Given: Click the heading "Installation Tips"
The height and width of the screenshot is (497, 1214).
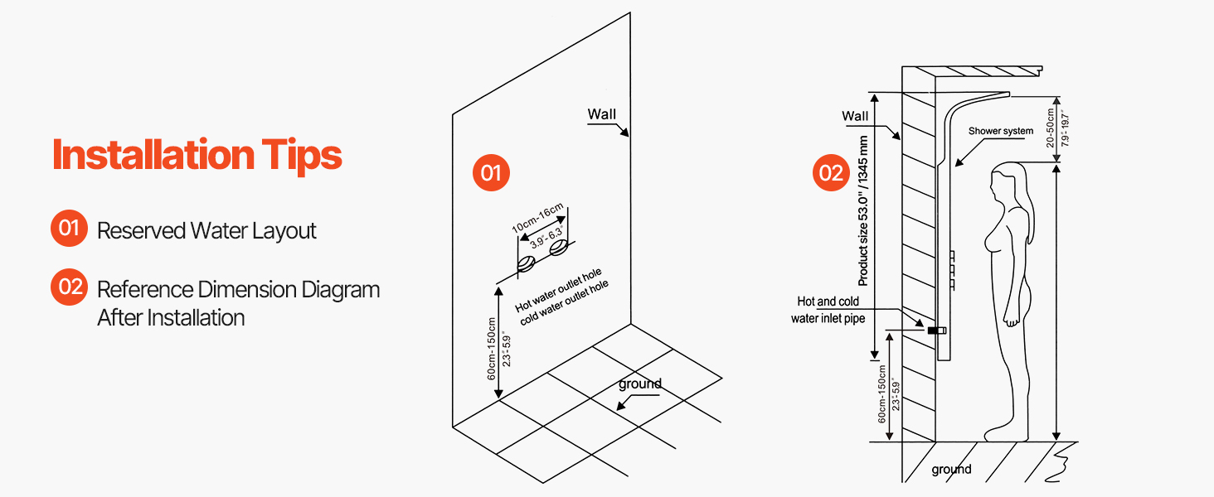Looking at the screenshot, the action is (197, 156).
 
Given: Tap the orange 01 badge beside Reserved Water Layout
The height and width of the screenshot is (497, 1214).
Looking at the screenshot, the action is (69, 228).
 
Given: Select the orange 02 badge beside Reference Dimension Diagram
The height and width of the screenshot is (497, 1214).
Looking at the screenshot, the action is (69, 287).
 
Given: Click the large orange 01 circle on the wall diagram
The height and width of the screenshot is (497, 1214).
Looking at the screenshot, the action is (491, 172).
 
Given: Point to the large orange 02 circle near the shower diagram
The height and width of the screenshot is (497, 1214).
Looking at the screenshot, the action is (831, 172).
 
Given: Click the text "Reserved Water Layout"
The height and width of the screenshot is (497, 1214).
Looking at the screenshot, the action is (206, 230).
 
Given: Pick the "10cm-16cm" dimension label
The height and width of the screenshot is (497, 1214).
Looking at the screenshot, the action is (537, 218).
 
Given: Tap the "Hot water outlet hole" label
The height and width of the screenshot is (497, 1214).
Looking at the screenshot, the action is (558, 290).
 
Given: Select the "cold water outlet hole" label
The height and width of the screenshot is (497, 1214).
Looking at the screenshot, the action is (564, 302).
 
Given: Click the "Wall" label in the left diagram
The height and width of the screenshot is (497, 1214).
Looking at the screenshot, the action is (601, 114).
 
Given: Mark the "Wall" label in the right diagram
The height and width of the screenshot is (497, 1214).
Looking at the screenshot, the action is (855, 116).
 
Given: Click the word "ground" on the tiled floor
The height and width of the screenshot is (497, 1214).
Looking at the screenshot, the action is (640, 384).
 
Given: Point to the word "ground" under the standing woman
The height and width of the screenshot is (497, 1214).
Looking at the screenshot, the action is (951, 470).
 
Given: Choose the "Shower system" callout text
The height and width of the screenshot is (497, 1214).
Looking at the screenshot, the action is (1000, 131).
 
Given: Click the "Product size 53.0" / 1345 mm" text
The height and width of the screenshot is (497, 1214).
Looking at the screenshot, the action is (862, 210).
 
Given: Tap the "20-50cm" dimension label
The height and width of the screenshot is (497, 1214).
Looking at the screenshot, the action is (1051, 128).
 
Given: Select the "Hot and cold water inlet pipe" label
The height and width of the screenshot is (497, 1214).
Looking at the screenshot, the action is (828, 310).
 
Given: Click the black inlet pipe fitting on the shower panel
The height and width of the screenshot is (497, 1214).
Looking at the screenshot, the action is (937, 331).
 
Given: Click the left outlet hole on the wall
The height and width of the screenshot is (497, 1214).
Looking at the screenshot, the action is (526, 264).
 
